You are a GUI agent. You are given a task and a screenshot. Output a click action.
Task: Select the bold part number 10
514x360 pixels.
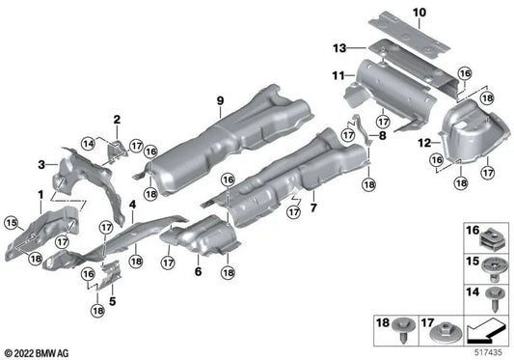click(419, 12)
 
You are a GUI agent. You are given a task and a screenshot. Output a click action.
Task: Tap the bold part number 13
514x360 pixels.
click(339, 46)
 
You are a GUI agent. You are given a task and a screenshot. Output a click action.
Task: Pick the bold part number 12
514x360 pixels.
click(422, 143)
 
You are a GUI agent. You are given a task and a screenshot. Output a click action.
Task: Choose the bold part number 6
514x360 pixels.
click(199, 274)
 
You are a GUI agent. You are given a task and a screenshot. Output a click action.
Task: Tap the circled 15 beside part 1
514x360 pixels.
click(12, 225)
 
